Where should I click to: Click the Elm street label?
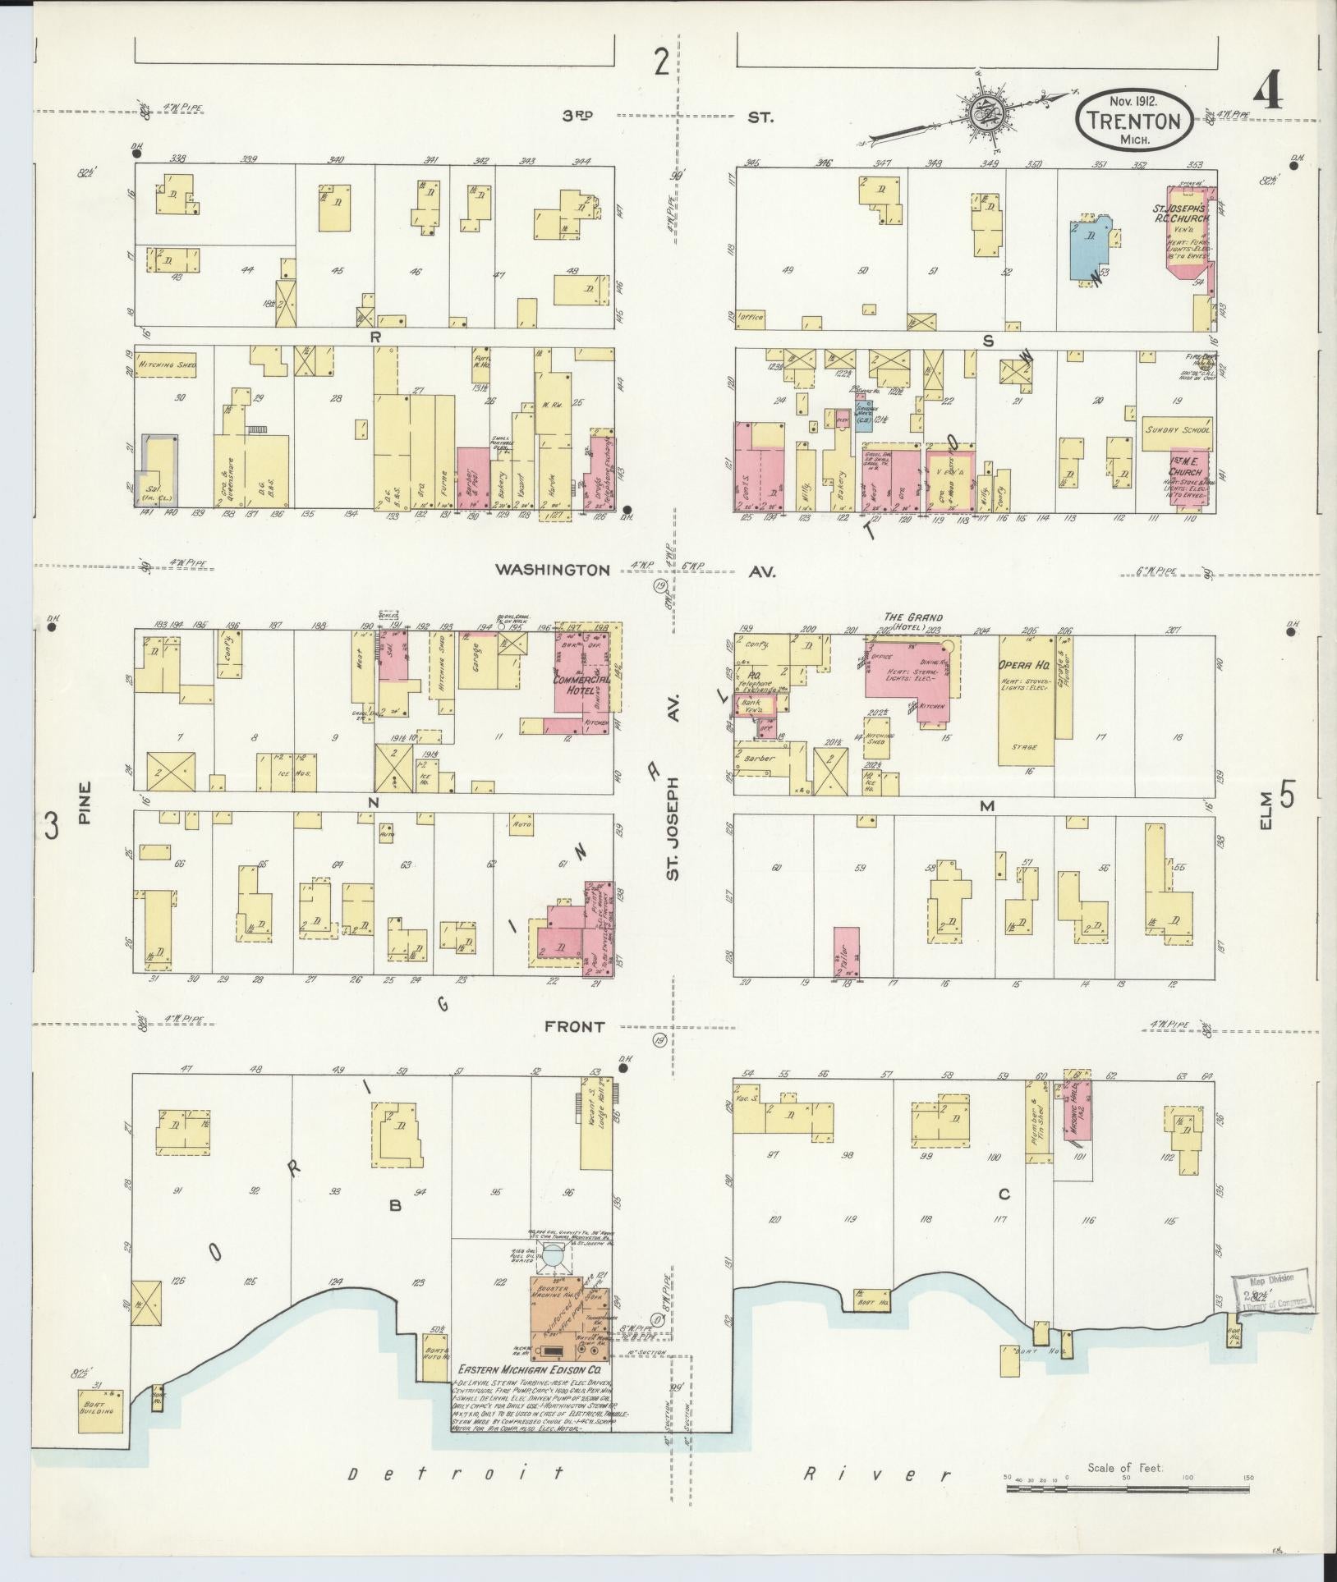pos(1265,810)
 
